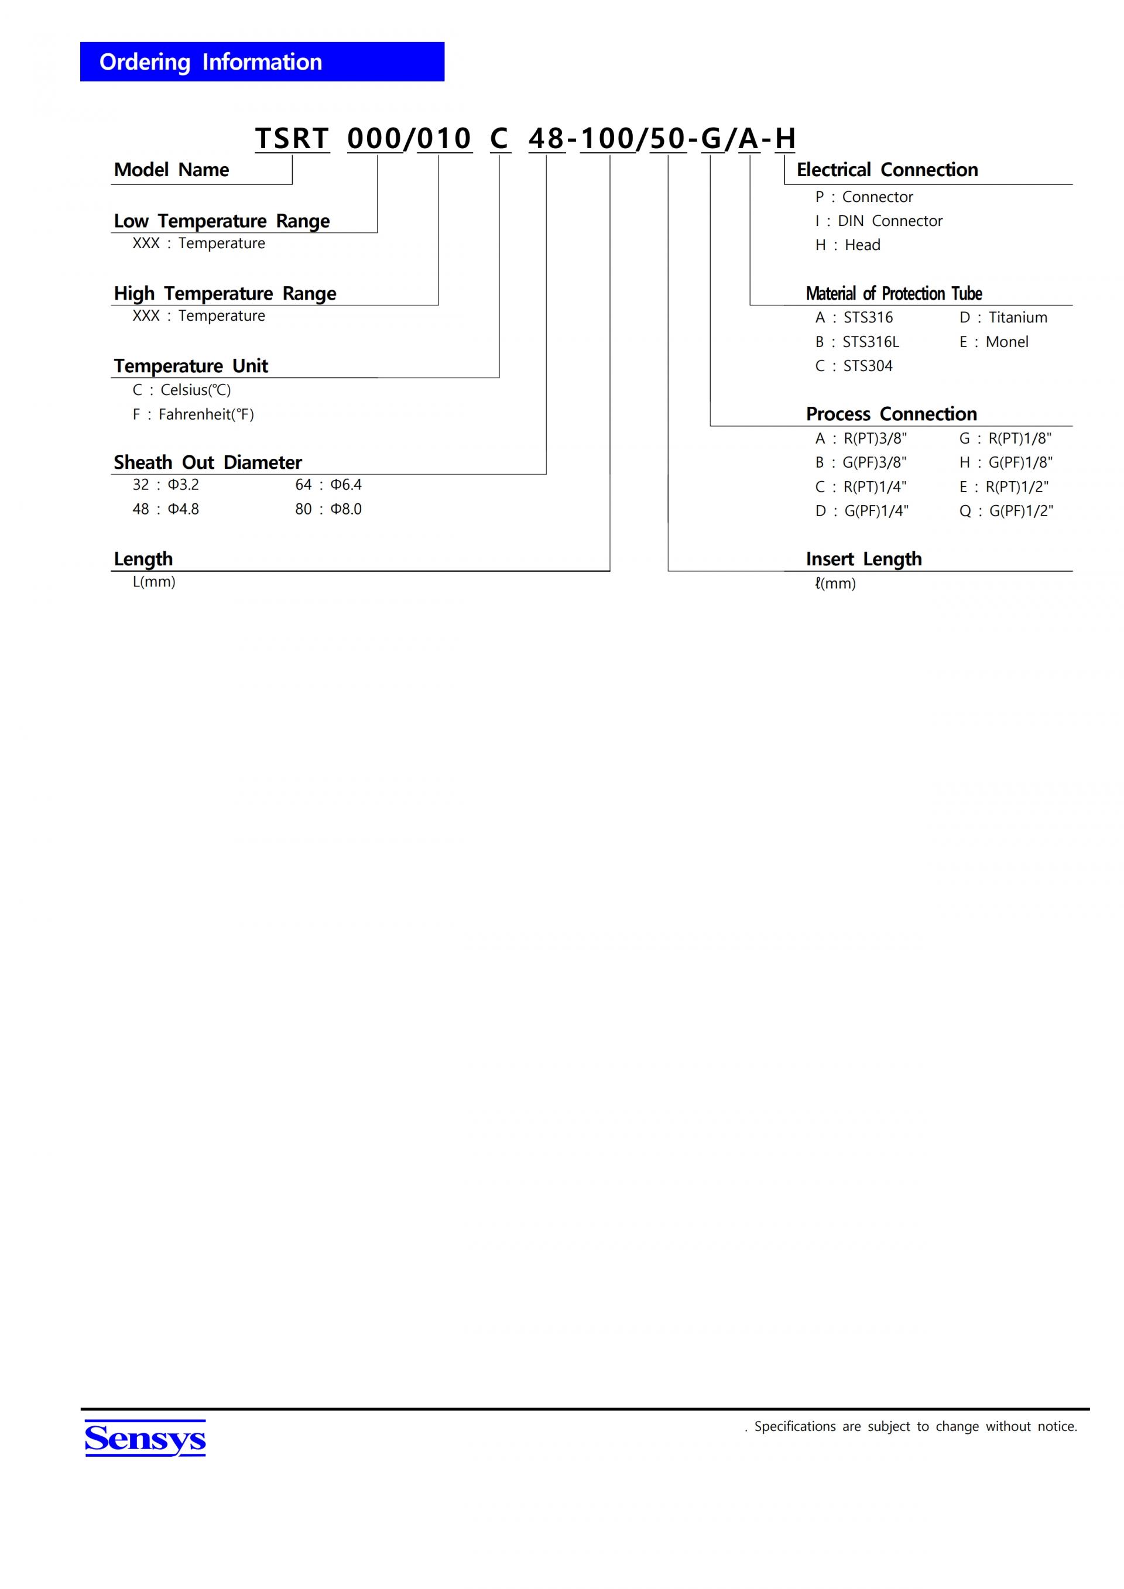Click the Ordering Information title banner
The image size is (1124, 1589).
pos(262,61)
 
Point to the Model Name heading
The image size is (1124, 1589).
pos(171,170)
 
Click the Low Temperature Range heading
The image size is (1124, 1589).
pos(221,221)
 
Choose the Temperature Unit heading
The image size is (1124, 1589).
pos(190,365)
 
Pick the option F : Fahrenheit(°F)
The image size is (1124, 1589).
pos(193,414)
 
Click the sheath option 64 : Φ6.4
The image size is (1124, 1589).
pos(328,485)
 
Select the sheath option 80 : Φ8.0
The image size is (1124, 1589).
pos(328,509)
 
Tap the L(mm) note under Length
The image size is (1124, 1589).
pos(153,581)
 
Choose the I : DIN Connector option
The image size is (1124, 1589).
pos(878,221)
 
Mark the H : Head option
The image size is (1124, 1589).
pos(847,245)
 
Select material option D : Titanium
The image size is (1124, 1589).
pos(1003,317)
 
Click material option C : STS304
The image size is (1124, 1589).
pos(854,365)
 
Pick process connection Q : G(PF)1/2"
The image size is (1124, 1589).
pos(1006,511)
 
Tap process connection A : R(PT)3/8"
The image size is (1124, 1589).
pos(861,438)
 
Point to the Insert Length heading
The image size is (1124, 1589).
pos(863,558)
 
